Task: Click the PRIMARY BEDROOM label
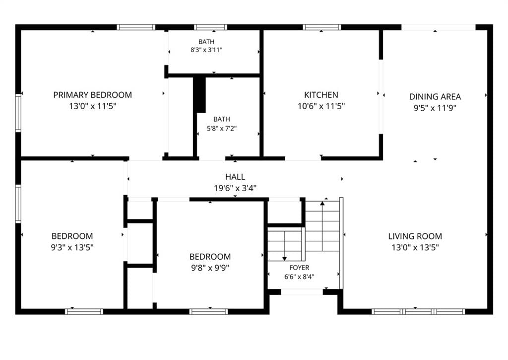click(93, 95)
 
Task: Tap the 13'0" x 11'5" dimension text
click(93, 106)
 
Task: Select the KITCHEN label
click(321, 95)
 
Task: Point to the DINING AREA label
click(435, 97)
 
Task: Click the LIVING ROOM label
click(415, 236)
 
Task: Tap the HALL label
click(235, 177)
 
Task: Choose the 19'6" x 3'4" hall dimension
click(235, 188)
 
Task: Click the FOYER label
click(299, 268)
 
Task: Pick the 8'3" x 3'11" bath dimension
click(206, 50)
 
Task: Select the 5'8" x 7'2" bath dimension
click(222, 129)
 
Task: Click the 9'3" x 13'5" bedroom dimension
click(72, 247)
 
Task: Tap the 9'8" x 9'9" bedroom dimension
click(210, 268)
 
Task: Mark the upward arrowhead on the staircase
click(322, 204)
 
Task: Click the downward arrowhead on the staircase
click(284, 259)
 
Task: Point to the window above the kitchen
click(321, 27)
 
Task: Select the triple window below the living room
click(418, 312)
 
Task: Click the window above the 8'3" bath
click(210, 27)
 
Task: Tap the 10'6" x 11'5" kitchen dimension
click(321, 106)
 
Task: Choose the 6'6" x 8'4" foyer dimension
click(299, 277)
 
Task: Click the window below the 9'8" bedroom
click(209, 312)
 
